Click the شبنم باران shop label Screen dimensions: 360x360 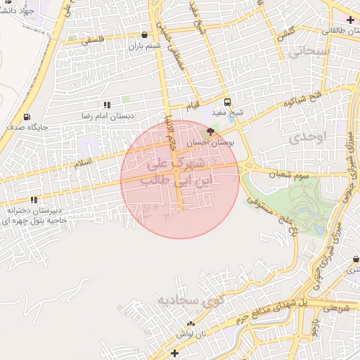144,46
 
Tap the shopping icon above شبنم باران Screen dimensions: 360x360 145,34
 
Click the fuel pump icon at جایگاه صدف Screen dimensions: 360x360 27,117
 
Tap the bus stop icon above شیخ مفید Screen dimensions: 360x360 226,101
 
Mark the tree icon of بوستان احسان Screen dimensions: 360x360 210,131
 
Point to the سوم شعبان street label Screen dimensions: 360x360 284,172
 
